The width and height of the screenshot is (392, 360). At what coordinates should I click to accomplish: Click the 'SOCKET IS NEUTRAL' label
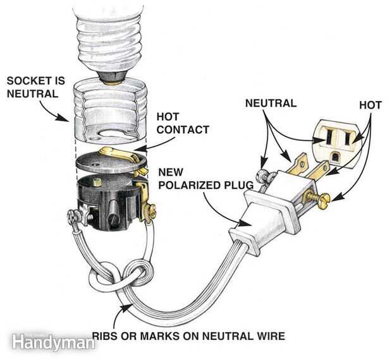(x=36, y=87)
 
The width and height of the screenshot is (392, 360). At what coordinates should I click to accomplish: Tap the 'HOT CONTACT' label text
(x=183, y=123)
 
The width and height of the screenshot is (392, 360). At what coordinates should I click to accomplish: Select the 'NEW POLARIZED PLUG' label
(x=205, y=179)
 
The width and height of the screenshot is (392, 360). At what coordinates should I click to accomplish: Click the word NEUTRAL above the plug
(x=271, y=103)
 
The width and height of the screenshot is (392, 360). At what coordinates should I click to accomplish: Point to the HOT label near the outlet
(x=371, y=105)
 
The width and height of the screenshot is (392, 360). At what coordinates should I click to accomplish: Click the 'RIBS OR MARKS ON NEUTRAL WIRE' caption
(x=188, y=336)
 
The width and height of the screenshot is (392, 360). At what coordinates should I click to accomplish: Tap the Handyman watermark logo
(x=53, y=342)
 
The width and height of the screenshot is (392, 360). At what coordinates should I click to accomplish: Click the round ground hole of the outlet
(x=334, y=157)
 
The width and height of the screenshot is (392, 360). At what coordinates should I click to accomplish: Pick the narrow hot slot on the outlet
(x=348, y=138)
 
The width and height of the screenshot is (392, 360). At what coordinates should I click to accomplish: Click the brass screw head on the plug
(x=324, y=198)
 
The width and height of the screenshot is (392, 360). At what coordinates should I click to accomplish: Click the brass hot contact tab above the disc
(x=119, y=154)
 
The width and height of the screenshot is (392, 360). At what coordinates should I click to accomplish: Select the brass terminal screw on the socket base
(x=150, y=208)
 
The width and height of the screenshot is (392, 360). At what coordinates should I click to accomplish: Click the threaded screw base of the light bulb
(x=110, y=44)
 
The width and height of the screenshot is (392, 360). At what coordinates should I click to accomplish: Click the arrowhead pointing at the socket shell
(x=64, y=117)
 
